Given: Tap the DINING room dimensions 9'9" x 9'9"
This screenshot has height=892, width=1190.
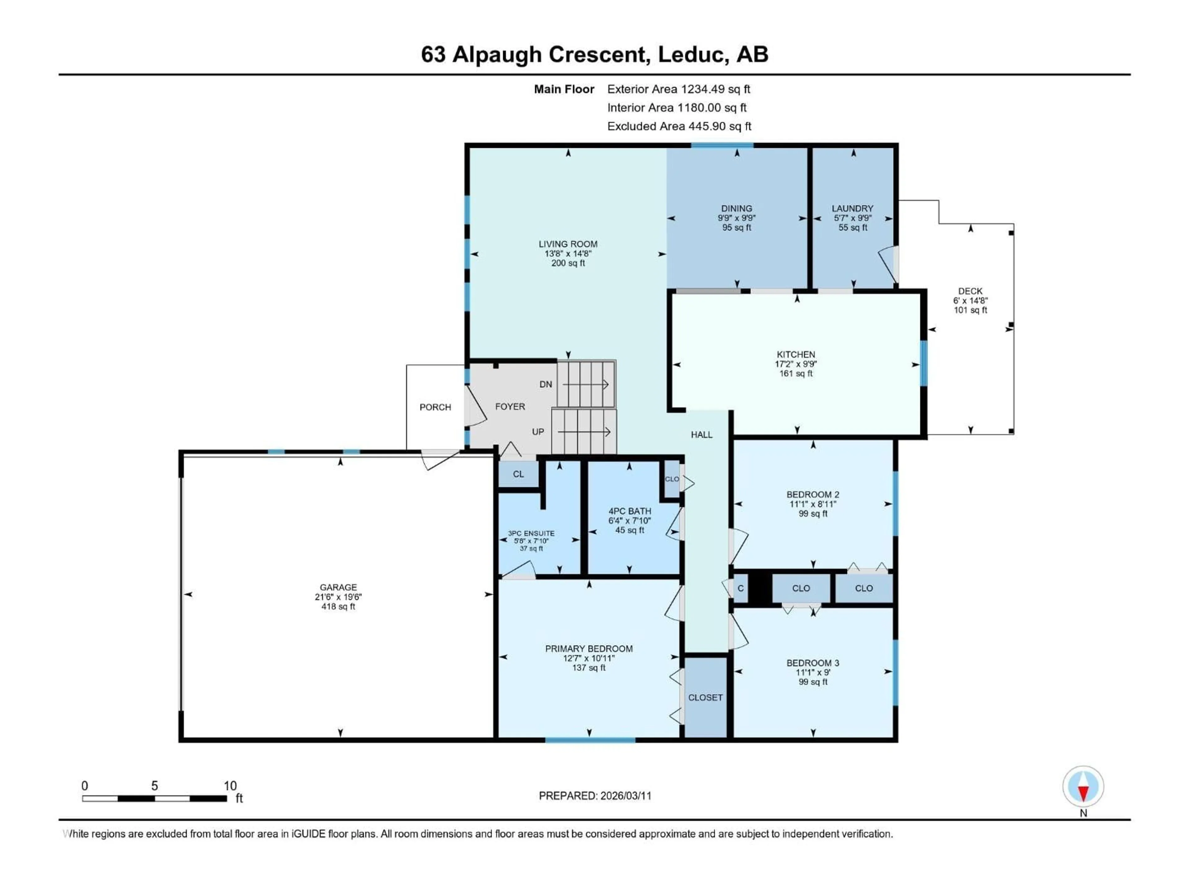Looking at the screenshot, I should (x=737, y=218).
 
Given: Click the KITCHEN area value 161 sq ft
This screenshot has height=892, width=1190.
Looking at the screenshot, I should (x=796, y=373).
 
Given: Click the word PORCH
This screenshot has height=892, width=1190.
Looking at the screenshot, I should (x=435, y=407).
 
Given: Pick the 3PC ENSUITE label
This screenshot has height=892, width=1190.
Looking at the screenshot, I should (x=531, y=533).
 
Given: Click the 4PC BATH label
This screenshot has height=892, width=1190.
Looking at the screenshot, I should (x=629, y=511).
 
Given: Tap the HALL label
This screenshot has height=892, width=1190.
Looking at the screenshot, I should (x=702, y=435).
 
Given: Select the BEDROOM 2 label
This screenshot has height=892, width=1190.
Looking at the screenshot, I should (x=812, y=494).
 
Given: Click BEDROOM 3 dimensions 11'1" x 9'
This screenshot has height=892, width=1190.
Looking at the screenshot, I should (x=812, y=672).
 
